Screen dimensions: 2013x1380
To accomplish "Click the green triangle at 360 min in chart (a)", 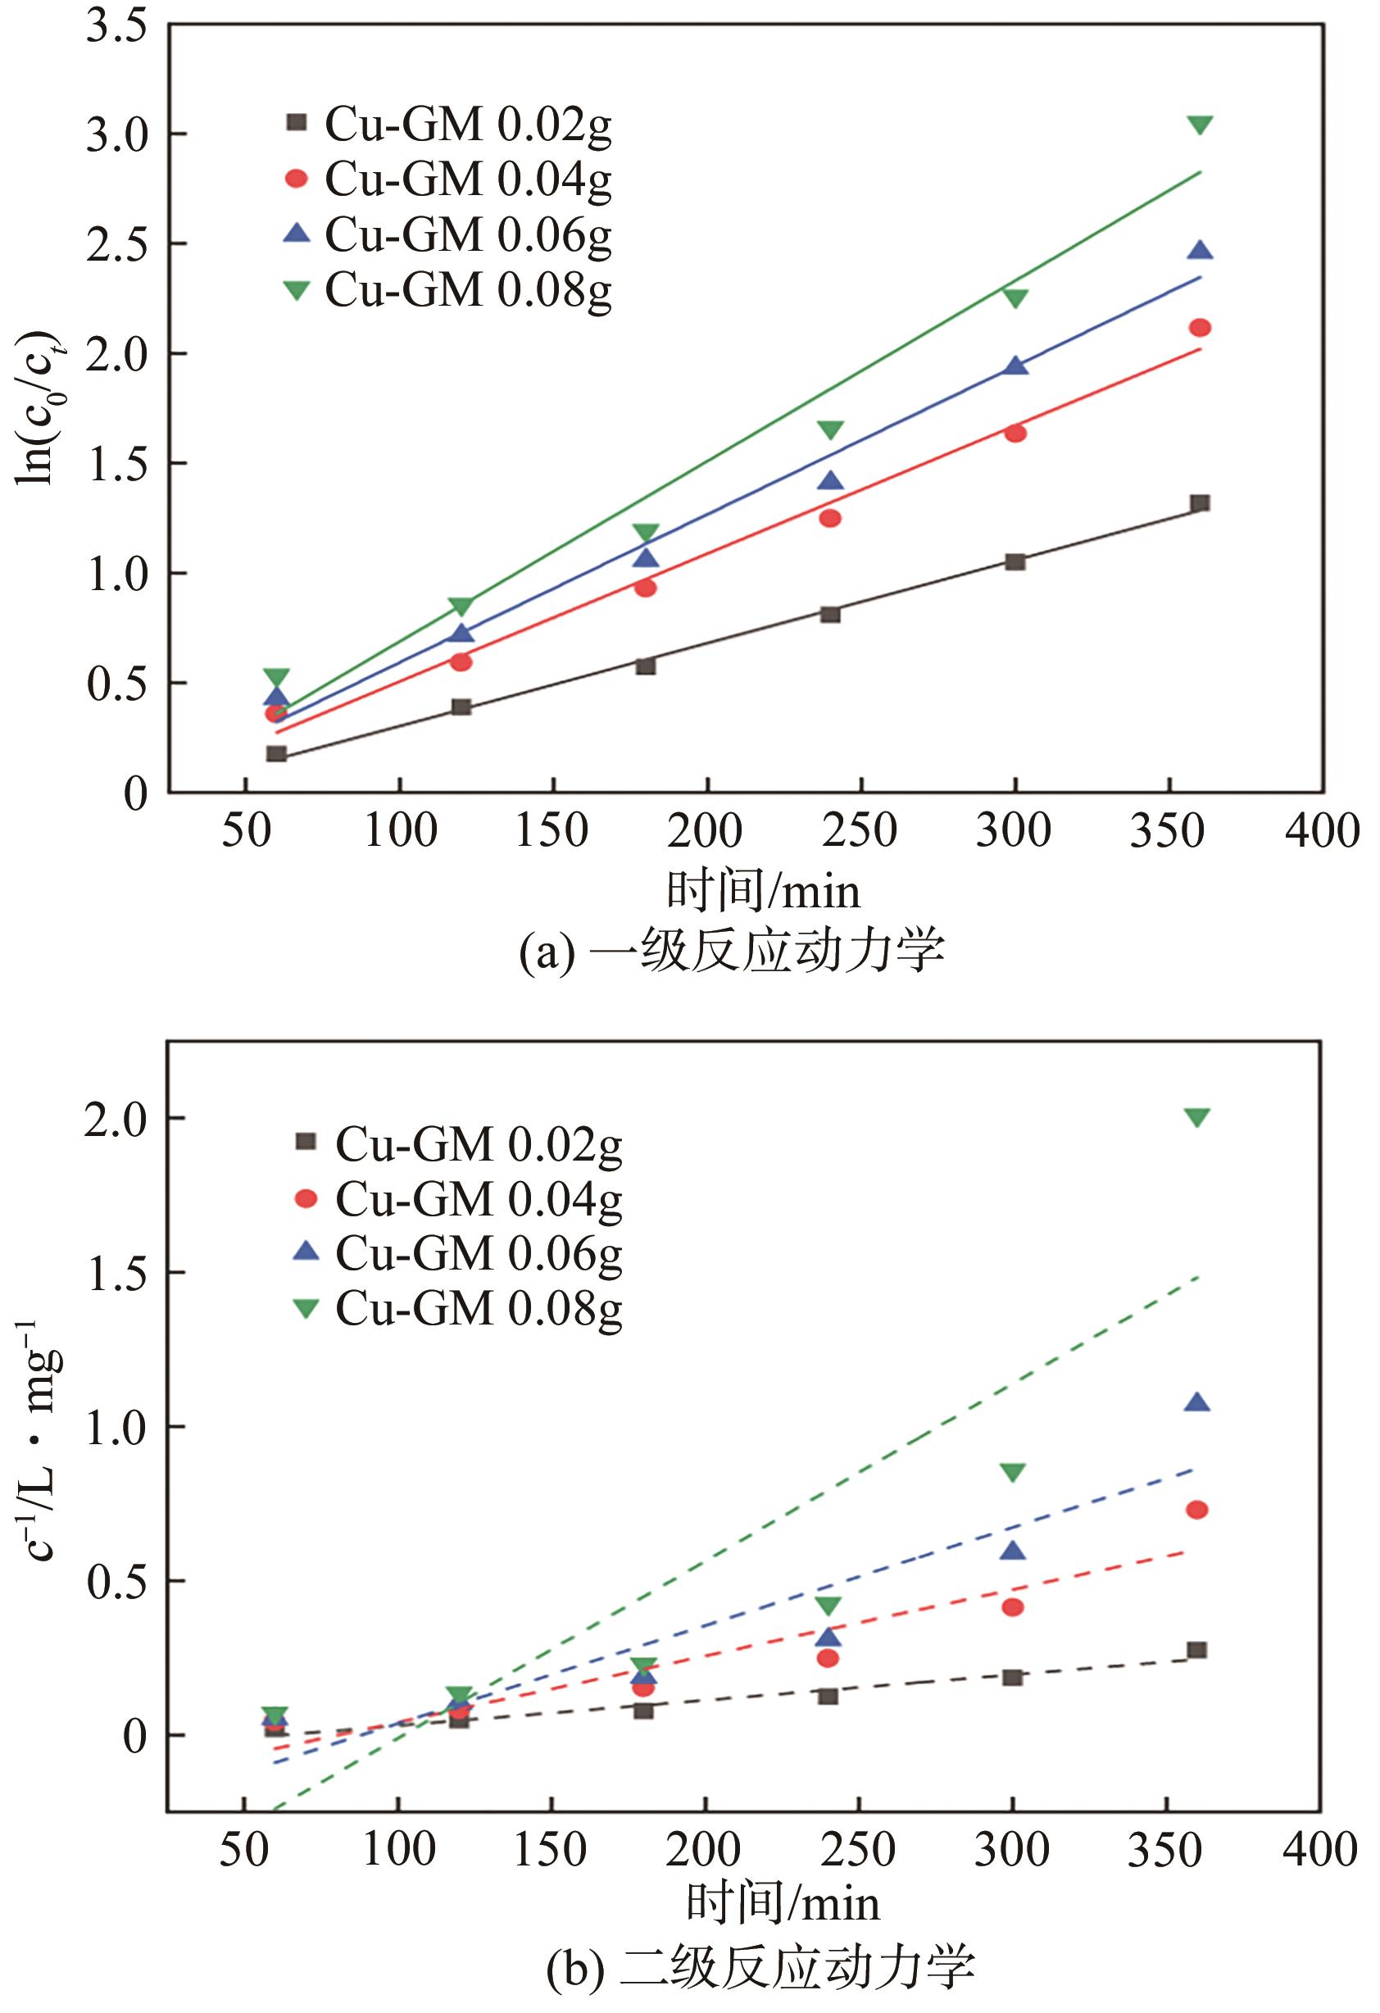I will (1200, 125).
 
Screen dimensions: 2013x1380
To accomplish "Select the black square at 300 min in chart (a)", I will (1015, 561).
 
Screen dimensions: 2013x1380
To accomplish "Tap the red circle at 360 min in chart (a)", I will (1200, 327).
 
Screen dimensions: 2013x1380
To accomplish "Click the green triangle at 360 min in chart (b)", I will (1197, 1117).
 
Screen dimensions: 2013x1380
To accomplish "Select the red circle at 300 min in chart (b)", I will (1013, 1606).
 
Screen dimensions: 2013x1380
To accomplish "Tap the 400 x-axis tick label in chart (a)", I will (1322, 832).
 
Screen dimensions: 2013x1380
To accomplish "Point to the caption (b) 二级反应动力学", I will (760, 1967).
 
